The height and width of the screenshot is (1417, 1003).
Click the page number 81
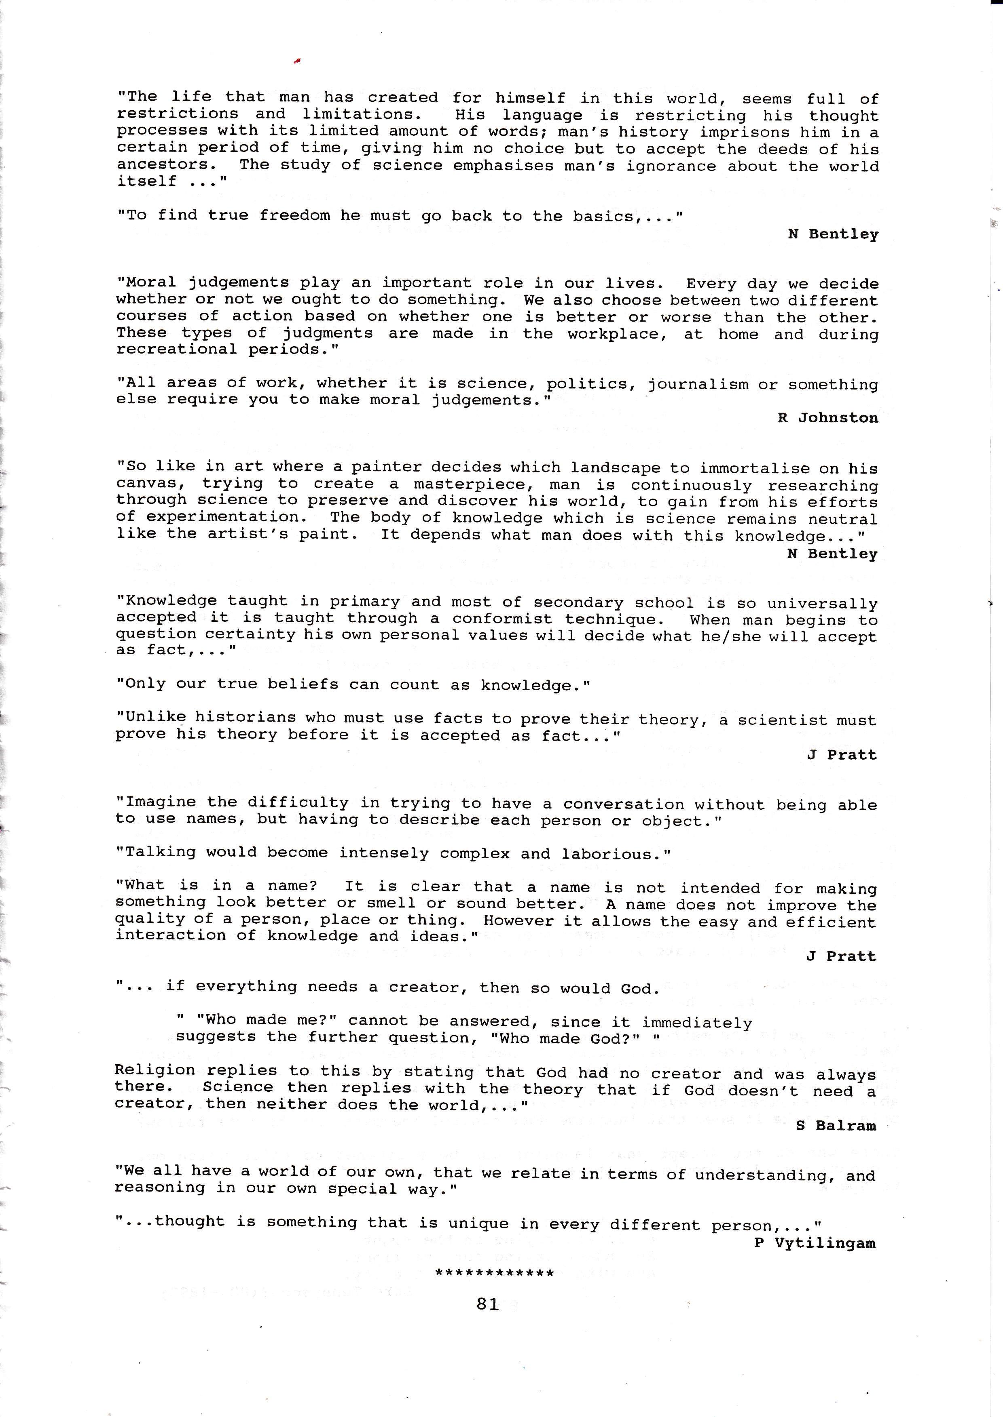coord(487,1304)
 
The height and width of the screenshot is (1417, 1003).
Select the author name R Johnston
coord(827,418)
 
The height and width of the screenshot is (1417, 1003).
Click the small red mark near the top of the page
coord(297,61)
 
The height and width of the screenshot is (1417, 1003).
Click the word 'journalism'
coord(698,385)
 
